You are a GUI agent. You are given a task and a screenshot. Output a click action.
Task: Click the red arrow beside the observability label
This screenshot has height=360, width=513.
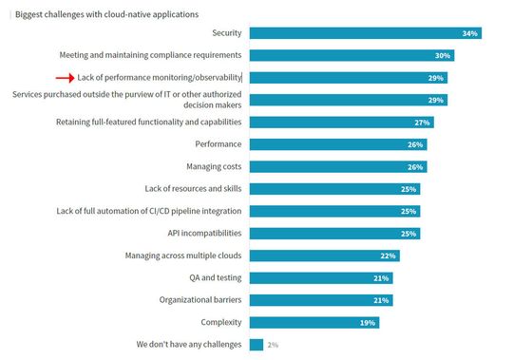click(65, 78)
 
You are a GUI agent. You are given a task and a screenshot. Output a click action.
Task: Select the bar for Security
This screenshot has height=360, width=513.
click(365, 33)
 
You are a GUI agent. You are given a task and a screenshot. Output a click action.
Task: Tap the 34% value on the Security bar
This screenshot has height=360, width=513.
click(468, 33)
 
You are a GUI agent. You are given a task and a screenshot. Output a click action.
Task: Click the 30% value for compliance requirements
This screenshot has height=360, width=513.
click(442, 55)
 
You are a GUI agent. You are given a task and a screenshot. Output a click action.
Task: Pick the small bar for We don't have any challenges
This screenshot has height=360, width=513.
click(256, 344)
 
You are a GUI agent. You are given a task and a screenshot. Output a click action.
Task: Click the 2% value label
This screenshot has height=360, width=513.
click(274, 344)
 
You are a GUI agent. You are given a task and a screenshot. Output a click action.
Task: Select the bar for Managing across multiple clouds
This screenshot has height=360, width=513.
click(323, 256)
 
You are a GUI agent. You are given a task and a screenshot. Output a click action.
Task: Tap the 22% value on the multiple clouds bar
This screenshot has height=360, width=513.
click(387, 256)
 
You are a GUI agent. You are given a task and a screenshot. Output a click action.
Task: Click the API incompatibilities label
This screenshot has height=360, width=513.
click(198, 233)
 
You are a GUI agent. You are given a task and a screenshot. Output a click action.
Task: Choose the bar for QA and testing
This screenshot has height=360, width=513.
click(320, 277)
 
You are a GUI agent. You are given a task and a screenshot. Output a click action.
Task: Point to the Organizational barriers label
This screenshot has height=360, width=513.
click(200, 299)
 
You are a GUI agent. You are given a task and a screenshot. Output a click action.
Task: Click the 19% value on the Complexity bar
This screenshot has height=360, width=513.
click(366, 322)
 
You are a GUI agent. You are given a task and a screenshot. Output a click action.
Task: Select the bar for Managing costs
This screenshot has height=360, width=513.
click(337, 166)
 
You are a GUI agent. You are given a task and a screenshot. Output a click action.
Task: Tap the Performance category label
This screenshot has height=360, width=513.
click(218, 144)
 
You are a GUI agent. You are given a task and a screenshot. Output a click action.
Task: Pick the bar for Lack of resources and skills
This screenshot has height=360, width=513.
click(333, 189)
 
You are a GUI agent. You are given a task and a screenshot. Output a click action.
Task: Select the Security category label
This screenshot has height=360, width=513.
click(226, 33)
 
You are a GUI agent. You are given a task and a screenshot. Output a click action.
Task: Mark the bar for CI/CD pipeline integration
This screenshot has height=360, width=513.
click(333, 211)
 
